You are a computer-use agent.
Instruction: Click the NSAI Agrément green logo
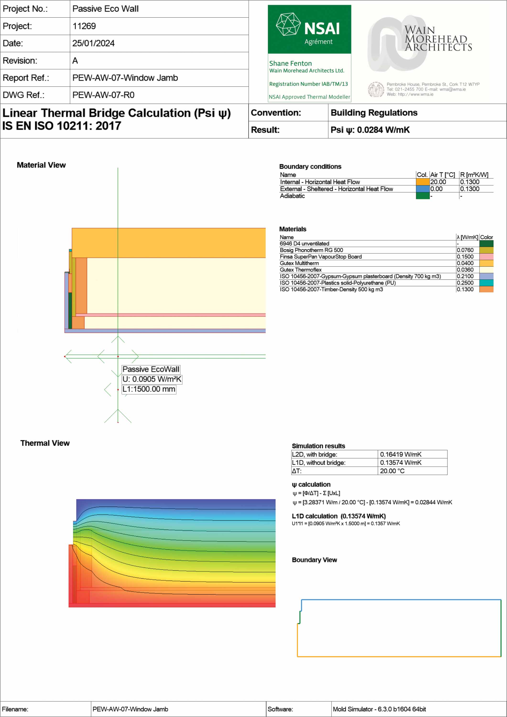(309, 29)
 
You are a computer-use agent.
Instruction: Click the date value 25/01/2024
(93, 43)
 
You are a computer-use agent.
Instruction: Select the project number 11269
(84, 26)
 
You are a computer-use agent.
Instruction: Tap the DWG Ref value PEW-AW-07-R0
(104, 95)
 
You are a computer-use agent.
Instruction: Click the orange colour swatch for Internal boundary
(422, 182)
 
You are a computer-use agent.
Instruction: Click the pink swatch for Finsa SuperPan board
(486, 257)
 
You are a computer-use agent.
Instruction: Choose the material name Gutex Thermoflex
(300, 270)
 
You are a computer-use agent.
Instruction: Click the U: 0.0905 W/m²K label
(152, 379)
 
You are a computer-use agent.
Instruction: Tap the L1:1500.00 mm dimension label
(149, 389)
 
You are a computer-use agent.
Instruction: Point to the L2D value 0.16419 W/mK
(400, 454)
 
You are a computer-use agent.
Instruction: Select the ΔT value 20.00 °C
(392, 471)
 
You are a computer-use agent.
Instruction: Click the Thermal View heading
(45, 443)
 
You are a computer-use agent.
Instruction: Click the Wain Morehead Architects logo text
(438, 39)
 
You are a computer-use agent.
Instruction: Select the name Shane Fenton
(290, 63)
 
